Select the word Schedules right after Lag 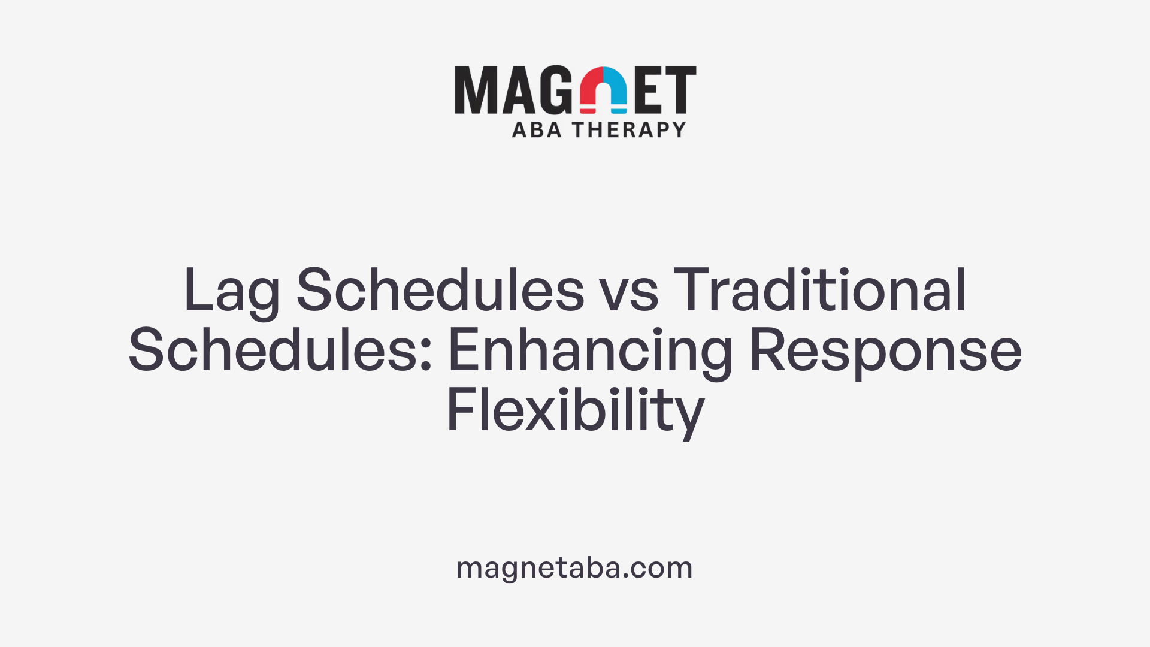440,290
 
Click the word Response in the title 885,352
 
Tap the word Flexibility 575,411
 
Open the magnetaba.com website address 574,567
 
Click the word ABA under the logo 537,130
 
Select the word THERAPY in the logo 629,130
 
